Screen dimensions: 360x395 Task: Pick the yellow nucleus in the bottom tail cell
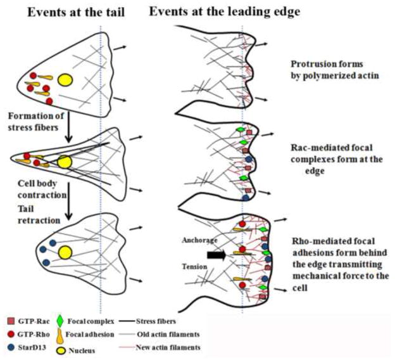pyautogui.click(x=63, y=253)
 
